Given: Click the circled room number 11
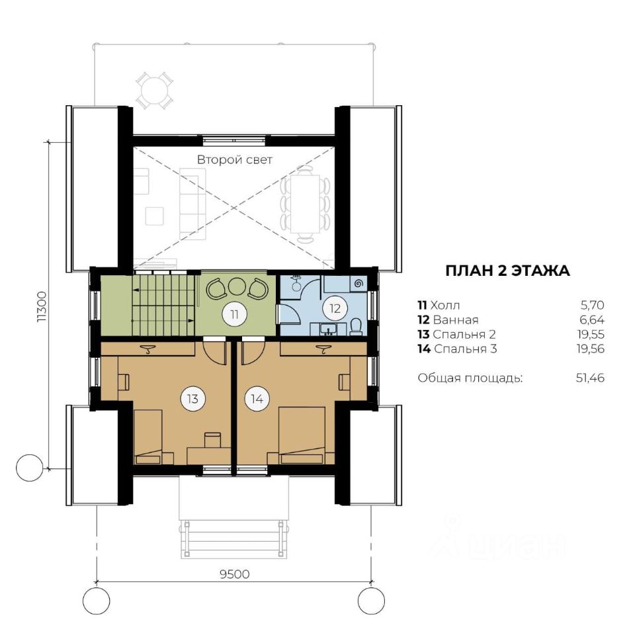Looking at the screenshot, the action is [234, 314].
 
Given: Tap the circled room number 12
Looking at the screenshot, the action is [335, 309].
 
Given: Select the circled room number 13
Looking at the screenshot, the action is [192, 399].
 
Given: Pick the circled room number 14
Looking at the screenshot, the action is [257, 399].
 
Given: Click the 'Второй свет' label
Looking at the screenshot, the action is [234, 159].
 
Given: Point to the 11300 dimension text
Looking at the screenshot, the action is [42, 306].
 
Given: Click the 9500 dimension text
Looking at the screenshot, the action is [235, 574].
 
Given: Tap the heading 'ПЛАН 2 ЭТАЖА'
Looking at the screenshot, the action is [507, 271].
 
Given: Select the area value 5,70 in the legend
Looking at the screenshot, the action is [593, 305].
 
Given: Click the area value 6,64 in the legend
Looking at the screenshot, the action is [592, 320].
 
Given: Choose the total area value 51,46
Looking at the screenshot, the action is [590, 378].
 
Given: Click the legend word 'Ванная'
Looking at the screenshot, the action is [456, 320].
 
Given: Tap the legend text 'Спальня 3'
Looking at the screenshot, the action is [465, 349].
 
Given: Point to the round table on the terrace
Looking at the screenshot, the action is [154, 89].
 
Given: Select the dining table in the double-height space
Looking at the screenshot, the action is [306, 203].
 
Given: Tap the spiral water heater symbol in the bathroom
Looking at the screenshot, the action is [359, 284].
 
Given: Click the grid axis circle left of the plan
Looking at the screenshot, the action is [29, 468].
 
